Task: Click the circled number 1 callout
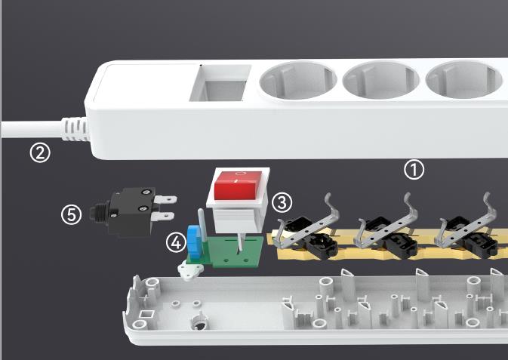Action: pyautogui.click(x=414, y=169)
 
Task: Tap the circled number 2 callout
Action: pyautogui.click(x=40, y=153)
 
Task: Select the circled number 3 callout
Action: pyautogui.click(x=282, y=203)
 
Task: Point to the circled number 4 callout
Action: pyautogui.click(x=176, y=243)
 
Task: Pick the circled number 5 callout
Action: pyautogui.click(x=72, y=215)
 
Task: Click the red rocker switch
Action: pyautogui.click(x=239, y=186)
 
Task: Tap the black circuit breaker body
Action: pyautogui.click(x=130, y=212)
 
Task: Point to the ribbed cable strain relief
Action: pyautogui.click(x=76, y=129)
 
